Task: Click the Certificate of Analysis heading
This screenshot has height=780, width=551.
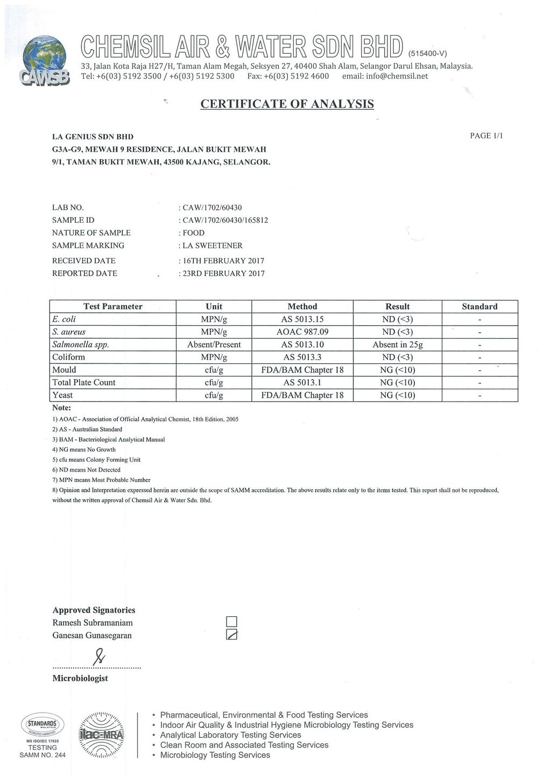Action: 287,104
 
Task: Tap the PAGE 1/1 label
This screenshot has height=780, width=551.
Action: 486,136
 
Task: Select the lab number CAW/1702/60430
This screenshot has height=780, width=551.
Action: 209,207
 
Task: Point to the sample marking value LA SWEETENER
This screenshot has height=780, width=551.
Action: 213,245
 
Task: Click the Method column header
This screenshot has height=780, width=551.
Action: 302,306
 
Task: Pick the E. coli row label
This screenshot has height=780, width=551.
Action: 64,319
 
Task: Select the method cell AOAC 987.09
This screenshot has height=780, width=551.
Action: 302,332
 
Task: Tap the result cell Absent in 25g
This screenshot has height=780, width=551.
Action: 397,345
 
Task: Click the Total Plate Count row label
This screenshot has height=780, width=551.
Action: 83,382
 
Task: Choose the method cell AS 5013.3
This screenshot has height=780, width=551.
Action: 302,357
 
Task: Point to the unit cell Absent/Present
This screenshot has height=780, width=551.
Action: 214,345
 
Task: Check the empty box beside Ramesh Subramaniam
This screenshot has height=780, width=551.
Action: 232,623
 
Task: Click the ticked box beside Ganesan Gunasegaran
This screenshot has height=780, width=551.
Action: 232,635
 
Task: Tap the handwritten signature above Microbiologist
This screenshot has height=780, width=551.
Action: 98,657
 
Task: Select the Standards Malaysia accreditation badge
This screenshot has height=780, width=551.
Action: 41,725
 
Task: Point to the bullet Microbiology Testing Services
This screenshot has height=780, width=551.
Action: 215,755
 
